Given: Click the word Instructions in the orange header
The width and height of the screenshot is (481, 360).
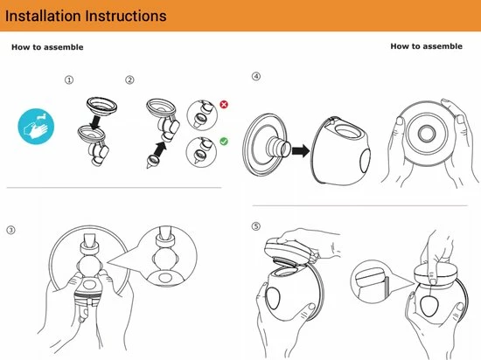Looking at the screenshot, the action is (126, 16).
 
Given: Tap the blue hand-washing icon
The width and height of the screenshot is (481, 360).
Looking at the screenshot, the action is (36, 127).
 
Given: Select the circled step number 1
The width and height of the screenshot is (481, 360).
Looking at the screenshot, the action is (69, 80).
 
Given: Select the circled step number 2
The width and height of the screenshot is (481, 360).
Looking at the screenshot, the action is (129, 80).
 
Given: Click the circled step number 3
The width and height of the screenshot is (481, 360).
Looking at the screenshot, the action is (10, 230).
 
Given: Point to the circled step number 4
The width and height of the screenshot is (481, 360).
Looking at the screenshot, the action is (256, 76).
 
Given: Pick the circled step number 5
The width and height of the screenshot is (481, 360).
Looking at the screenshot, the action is (256, 226).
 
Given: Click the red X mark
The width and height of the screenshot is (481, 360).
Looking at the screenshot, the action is (224, 105).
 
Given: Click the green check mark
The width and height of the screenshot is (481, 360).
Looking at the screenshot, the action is (224, 142).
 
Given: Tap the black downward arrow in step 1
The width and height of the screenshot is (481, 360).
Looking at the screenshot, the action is (95, 122).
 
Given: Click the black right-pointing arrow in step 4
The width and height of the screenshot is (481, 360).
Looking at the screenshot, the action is (301, 151).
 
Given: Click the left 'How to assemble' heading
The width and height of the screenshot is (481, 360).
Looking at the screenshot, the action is (47, 47).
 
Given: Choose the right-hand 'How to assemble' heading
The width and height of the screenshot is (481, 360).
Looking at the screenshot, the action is (427, 46).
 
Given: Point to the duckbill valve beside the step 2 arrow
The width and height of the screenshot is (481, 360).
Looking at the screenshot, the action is (151, 162).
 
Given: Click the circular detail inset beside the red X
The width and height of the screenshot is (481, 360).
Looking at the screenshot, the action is (202, 115).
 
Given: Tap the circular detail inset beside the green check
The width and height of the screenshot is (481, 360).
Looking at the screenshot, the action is (201, 152).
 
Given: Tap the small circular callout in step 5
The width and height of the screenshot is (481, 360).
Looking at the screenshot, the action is (369, 282).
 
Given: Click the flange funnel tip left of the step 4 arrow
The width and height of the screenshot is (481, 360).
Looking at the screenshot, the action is (278, 147).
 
